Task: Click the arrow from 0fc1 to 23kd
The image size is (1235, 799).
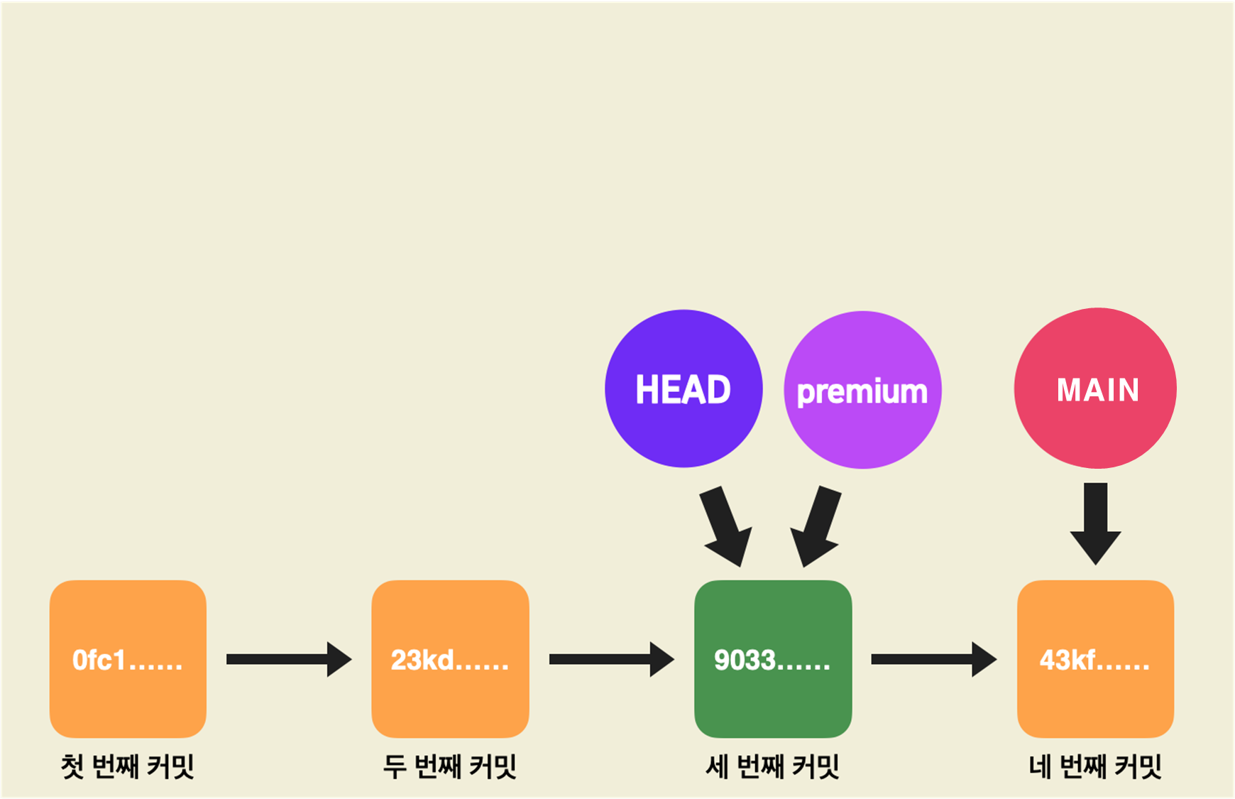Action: (x=288, y=659)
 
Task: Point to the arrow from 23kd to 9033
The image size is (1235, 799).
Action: (x=611, y=659)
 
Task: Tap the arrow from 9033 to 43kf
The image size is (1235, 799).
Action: (x=933, y=659)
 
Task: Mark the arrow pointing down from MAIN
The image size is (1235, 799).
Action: (x=1096, y=523)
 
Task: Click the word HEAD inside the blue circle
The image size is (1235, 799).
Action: (x=683, y=389)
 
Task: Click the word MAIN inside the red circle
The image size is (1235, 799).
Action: (x=1097, y=390)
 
